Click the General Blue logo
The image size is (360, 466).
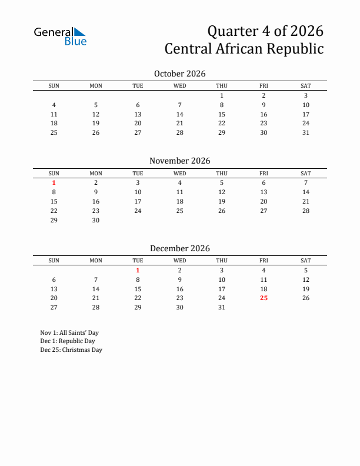pyautogui.click(x=60, y=36)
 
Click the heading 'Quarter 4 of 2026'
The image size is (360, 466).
pyautogui.click(x=265, y=30)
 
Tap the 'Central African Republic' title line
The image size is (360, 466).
pyautogui.click(x=244, y=48)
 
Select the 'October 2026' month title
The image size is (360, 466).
pyautogui.click(x=179, y=74)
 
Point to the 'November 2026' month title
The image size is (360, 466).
pyautogui.click(x=179, y=161)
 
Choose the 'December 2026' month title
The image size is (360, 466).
pyautogui.click(x=179, y=248)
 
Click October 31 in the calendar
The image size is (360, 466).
pyautogui.click(x=306, y=132)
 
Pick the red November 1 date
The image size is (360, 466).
pyautogui.click(x=54, y=182)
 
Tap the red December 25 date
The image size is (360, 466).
pyautogui.click(x=264, y=298)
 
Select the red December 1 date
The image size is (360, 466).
pyautogui.click(x=138, y=270)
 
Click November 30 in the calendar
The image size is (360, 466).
pyautogui.click(x=96, y=220)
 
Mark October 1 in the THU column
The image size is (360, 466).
pyautogui.click(x=222, y=95)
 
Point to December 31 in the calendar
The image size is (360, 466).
pyautogui.click(x=222, y=307)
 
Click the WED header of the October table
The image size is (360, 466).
pyautogui.click(x=180, y=86)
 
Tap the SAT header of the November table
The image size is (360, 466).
pyautogui.click(x=306, y=174)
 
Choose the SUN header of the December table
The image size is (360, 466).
pyautogui.click(x=54, y=261)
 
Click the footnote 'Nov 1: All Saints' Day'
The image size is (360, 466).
pyautogui.click(x=69, y=332)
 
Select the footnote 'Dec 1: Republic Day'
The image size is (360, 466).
pyautogui.click(x=68, y=341)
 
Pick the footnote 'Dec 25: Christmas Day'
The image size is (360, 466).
pyautogui.click(x=71, y=349)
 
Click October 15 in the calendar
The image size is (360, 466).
pyautogui.click(x=222, y=114)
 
